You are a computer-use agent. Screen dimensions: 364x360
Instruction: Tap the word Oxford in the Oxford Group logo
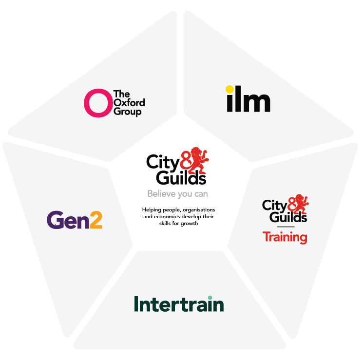click(129, 103)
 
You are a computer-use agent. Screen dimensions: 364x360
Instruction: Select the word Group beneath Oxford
click(128, 112)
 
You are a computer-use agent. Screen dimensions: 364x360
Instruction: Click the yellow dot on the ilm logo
click(230, 89)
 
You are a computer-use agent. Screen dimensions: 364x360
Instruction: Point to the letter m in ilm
click(257, 103)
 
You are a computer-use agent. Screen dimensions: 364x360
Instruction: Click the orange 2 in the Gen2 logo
click(96, 220)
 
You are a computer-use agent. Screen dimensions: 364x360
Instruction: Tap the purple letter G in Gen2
click(55, 220)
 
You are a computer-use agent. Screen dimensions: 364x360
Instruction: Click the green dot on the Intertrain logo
click(210, 298)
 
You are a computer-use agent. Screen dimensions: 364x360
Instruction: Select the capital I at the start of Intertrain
click(136, 304)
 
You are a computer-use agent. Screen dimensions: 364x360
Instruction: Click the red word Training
click(285, 237)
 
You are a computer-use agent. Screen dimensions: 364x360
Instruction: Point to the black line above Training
click(286, 227)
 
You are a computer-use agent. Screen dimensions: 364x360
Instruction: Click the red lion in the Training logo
click(301, 204)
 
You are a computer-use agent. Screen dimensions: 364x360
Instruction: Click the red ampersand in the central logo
click(186, 161)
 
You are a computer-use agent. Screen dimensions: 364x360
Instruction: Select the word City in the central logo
click(163, 163)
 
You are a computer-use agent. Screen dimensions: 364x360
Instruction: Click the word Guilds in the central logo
click(181, 178)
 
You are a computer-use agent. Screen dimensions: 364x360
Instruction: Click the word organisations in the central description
click(199, 210)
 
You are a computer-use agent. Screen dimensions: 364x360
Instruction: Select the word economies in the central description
click(166, 217)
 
